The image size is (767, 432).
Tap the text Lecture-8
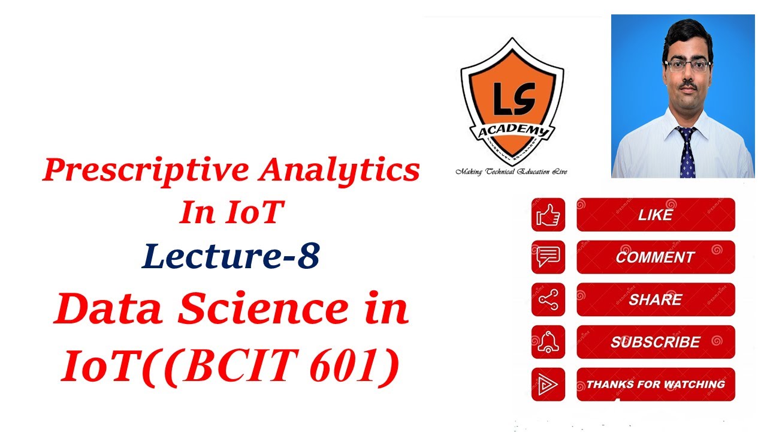click(x=231, y=256)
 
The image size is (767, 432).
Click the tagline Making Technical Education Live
click(x=511, y=172)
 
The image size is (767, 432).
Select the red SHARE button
click(x=656, y=299)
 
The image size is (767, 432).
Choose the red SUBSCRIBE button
click(x=656, y=342)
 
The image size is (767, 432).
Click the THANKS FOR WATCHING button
click(x=656, y=385)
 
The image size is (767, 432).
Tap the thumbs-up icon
click(x=548, y=215)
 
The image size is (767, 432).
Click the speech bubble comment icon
click(x=548, y=257)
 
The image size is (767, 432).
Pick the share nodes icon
click(x=548, y=299)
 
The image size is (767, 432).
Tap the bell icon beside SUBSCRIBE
click(x=548, y=342)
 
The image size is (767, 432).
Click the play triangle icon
click(x=548, y=385)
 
